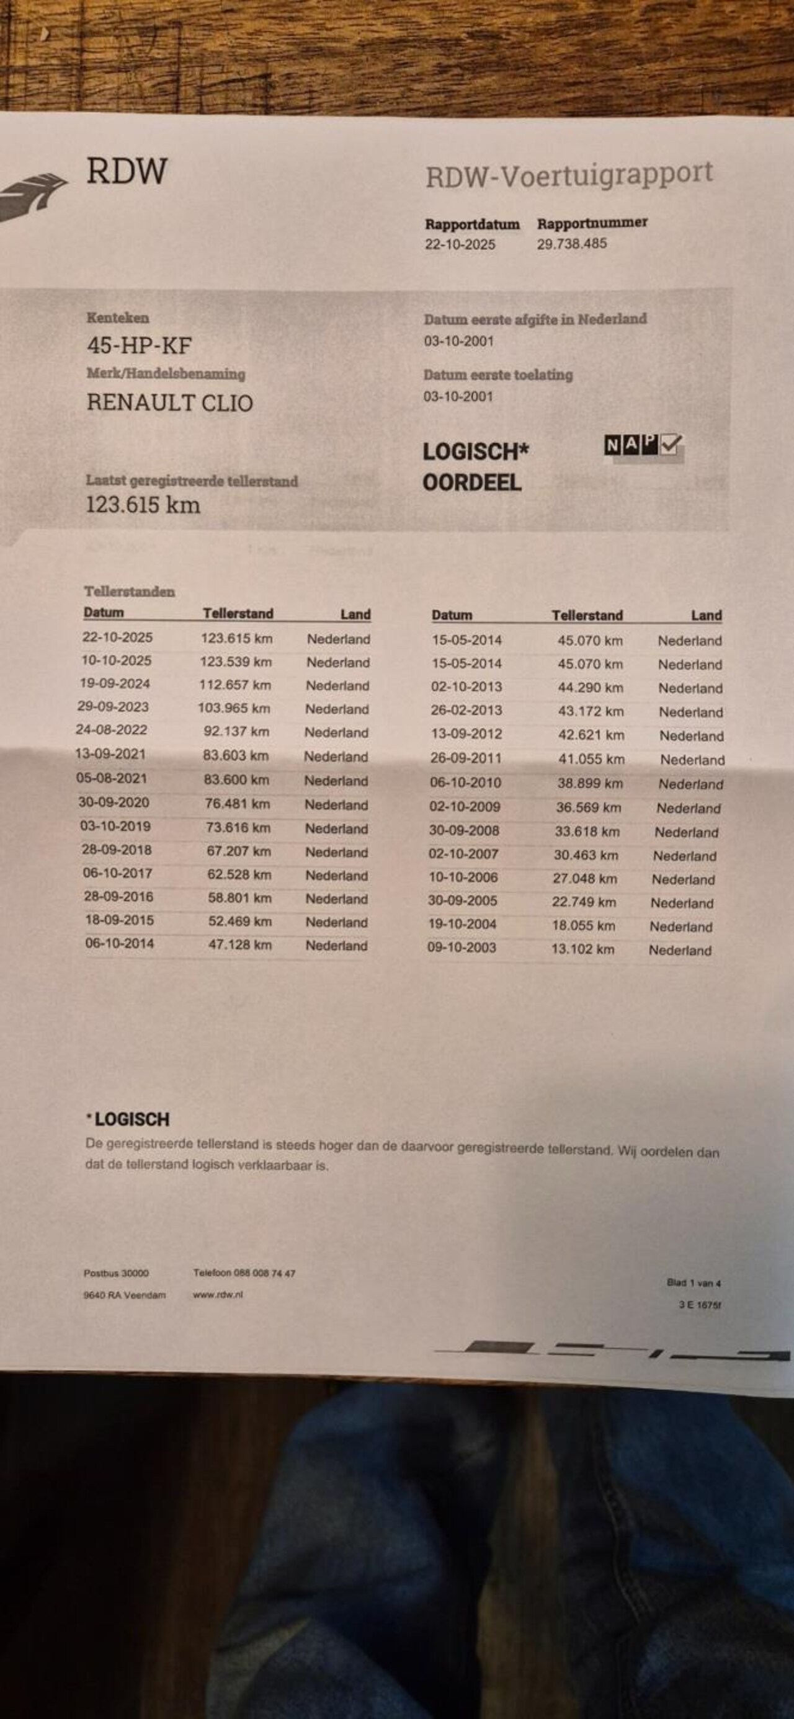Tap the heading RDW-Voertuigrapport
pyautogui.click(x=569, y=175)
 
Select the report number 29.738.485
pyautogui.click(x=572, y=244)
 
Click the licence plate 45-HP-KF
pyautogui.click(x=139, y=345)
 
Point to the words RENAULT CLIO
pyautogui.click(x=169, y=403)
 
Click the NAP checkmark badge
pyautogui.click(x=643, y=445)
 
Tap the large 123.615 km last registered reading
pyautogui.click(x=143, y=505)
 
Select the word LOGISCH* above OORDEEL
pyautogui.click(x=475, y=452)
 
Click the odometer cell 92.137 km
pyautogui.click(x=236, y=731)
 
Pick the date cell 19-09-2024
pyautogui.click(x=115, y=683)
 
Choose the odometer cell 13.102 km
pyautogui.click(x=582, y=949)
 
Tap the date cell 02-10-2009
pyautogui.click(x=465, y=806)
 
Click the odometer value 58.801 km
pyautogui.click(x=239, y=898)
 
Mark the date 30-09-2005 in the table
pyautogui.click(x=462, y=901)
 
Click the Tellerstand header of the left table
pyautogui.click(x=238, y=613)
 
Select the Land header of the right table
pyautogui.click(x=706, y=615)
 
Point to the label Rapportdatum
pyautogui.click(x=472, y=224)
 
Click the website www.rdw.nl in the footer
pyautogui.click(x=218, y=1295)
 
